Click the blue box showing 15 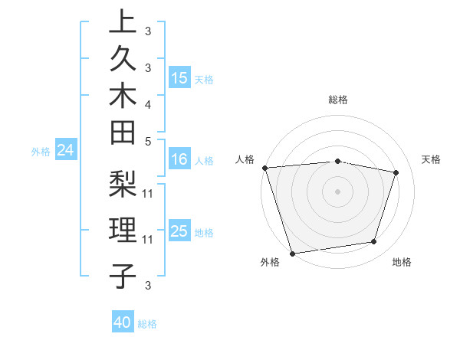pos(179,77)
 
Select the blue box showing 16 pos(179,159)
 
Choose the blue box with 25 pos(179,231)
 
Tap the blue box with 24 pos(66,151)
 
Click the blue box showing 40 pos(123,322)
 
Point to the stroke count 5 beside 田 pos(148,142)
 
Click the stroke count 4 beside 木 pos(148,104)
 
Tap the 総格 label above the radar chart pos(337,100)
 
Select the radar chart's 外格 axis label pos(270,263)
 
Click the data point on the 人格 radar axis pos(264,168)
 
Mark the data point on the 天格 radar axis pos(396,172)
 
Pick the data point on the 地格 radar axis pos(374,242)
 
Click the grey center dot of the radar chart pos(337,191)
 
